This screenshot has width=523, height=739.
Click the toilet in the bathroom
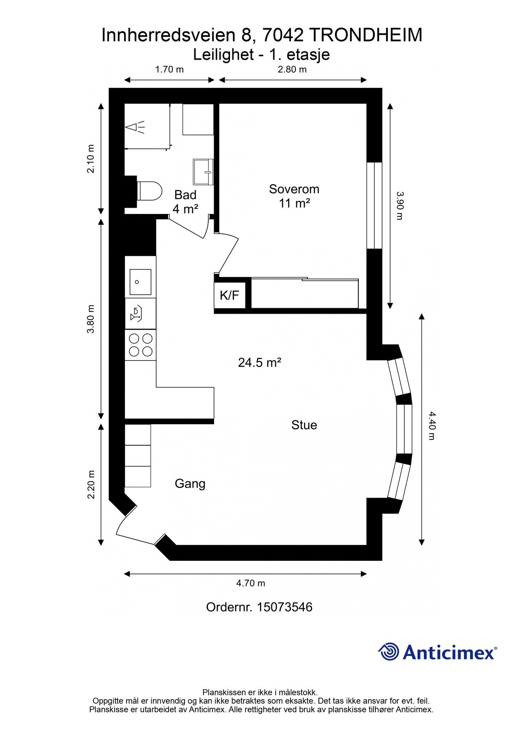point(148,191)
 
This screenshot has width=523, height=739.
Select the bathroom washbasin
point(203,172)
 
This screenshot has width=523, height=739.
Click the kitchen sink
point(141,282)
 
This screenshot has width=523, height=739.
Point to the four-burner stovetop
point(141,345)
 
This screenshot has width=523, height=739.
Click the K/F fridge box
point(230,295)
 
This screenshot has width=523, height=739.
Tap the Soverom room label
point(294,189)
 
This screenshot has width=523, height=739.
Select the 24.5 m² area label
point(260,363)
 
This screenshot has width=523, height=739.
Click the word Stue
point(304,425)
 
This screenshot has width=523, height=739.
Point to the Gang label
point(190,484)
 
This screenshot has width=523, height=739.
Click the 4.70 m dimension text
point(251,583)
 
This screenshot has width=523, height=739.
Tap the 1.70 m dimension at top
point(169,69)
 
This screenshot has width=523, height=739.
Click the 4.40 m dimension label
point(431,426)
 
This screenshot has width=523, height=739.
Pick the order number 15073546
point(285,607)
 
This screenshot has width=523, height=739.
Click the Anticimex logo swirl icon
point(388,652)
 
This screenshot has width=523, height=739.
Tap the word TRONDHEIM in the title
point(365,36)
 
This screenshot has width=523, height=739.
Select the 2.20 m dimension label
point(91,484)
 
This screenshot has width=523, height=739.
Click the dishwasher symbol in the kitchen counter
point(136,313)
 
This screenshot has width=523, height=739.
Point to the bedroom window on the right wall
point(374,206)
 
